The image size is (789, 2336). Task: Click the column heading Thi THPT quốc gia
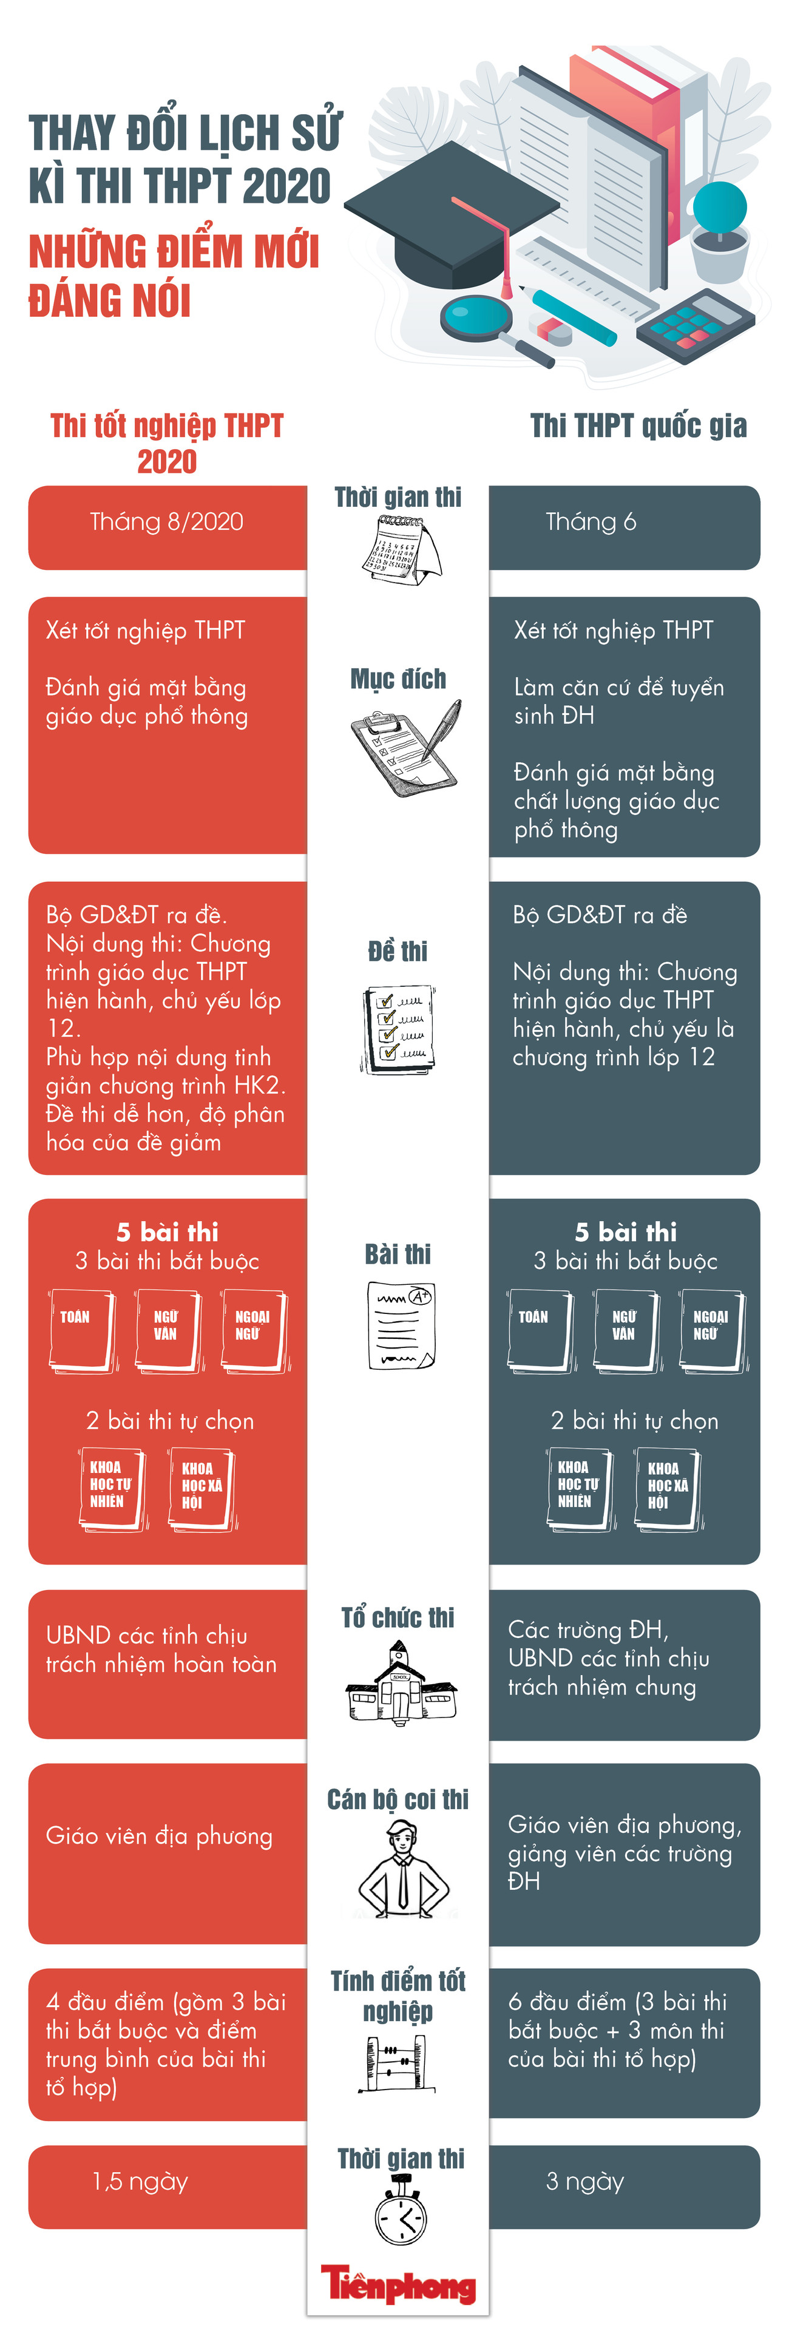[638, 425]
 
